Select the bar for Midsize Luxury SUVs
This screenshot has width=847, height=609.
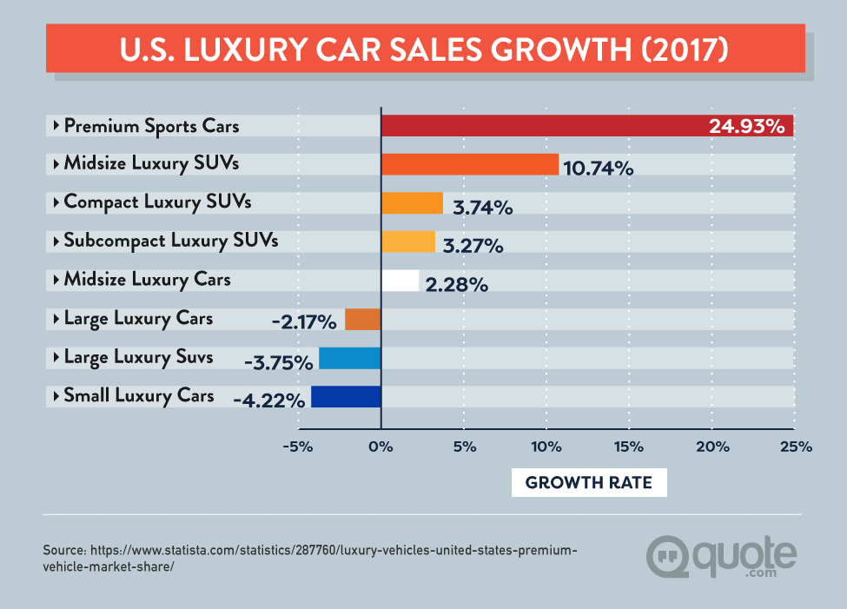point(469,164)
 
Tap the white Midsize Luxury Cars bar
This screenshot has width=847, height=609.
point(400,281)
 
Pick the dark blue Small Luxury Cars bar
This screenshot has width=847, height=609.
point(346,397)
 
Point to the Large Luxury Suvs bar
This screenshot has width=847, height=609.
point(350,358)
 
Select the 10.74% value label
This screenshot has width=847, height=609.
point(599,169)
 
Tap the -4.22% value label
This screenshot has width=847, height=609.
point(269,400)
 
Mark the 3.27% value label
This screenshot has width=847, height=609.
point(473,246)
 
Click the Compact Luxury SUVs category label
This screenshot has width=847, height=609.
point(157,202)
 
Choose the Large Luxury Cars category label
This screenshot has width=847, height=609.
point(138,319)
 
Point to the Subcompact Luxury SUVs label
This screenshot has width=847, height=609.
point(171,241)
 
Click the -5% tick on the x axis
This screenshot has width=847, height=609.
point(298,447)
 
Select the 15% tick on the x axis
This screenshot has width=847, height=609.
point(628,447)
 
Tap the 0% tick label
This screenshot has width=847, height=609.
point(380,447)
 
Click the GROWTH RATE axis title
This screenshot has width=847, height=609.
point(588,482)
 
